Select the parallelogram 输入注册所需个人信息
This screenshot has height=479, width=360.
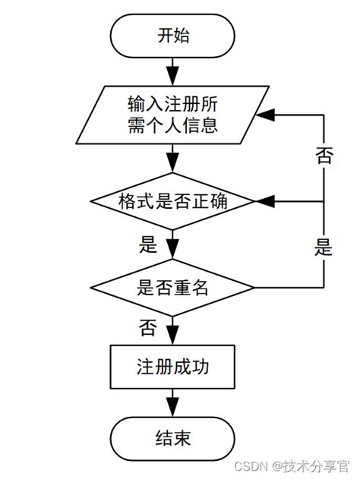[173, 113]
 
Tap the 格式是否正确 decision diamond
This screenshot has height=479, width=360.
[173, 201]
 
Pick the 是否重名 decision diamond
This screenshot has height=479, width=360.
[173, 288]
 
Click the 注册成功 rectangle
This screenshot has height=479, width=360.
[173, 367]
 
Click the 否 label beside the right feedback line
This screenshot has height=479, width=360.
[324, 156]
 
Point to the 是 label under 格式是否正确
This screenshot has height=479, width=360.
[148, 244]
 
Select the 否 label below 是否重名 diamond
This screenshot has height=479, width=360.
[148, 328]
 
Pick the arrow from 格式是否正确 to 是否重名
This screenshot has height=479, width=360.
[173, 245]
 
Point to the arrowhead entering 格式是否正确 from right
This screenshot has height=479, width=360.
[264, 201]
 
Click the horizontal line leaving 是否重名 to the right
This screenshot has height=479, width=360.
[289, 288]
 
